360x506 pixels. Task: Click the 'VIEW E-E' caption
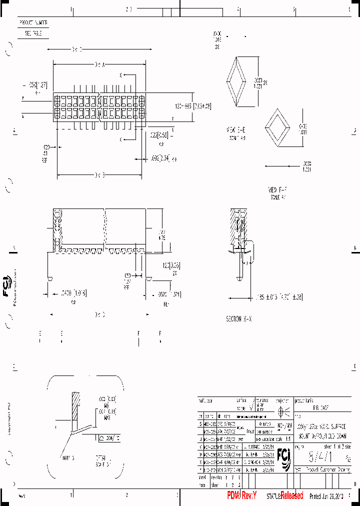pyautogui.click(x=236, y=129)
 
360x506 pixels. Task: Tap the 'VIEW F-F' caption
pyautogui.click(x=277, y=189)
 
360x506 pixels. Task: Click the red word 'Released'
pyautogui.click(x=291, y=495)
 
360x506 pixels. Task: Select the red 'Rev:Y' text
pyautogui.click(x=241, y=495)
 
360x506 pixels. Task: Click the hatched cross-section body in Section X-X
pyautogui.click(x=235, y=225)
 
